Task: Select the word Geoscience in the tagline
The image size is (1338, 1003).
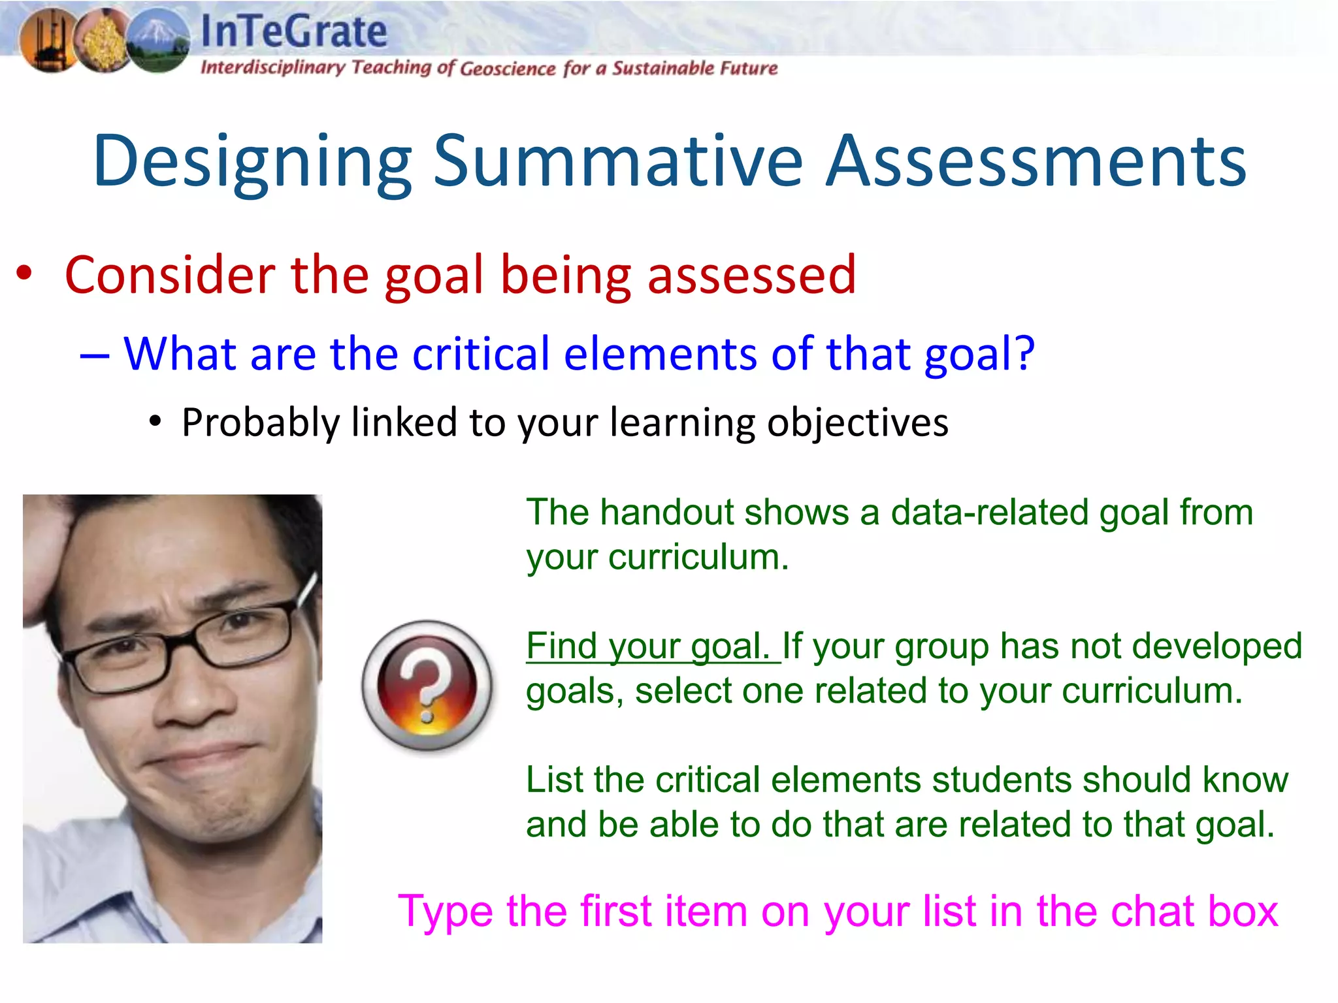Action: (508, 68)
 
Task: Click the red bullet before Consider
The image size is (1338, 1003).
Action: (24, 273)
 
